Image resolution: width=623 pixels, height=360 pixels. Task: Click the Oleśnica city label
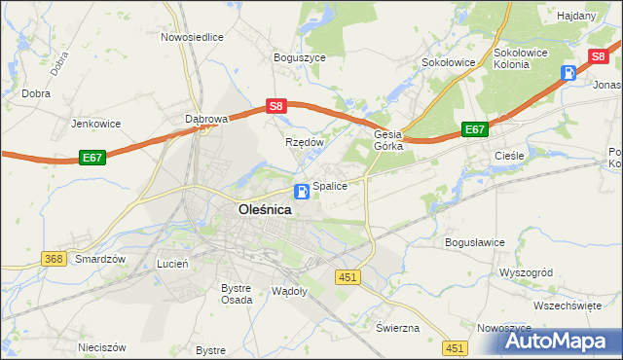click(265, 208)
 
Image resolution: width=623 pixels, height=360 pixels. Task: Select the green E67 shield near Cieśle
click(474, 128)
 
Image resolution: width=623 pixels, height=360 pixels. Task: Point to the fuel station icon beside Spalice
click(303, 190)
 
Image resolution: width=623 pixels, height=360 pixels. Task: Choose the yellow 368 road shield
click(54, 258)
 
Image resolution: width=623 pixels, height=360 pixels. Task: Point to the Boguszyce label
click(300, 58)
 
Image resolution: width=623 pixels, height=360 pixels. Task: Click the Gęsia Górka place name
click(389, 141)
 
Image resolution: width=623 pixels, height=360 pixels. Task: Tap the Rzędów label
click(303, 142)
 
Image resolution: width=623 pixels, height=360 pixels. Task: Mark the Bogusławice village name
click(474, 242)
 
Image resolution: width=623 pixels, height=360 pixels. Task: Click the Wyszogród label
click(526, 272)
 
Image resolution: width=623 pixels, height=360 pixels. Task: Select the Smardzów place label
click(101, 259)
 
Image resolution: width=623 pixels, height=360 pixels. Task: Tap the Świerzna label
click(397, 328)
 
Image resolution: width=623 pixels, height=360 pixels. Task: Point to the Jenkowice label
click(95, 124)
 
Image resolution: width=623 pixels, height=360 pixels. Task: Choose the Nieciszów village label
click(103, 346)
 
